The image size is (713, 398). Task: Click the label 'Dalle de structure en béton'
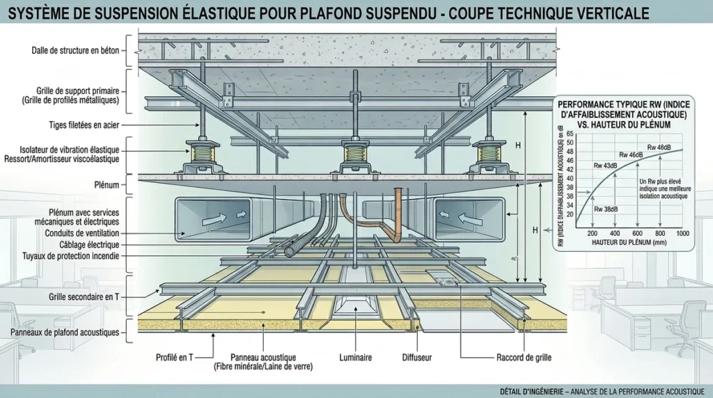[x=75, y=50]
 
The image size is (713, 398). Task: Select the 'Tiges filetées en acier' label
[x=84, y=125]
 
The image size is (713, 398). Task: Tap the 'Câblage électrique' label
[x=89, y=244]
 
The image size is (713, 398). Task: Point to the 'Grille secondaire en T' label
[x=84, y=296]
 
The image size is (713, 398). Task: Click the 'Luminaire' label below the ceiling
[x=356, y=358]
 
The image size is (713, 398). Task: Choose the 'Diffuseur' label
[x=417, y=358]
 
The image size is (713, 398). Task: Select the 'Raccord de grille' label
[x=524, y=358]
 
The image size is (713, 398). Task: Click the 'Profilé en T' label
[x=175, y=358]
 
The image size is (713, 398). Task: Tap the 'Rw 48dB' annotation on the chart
[x=659, y=148]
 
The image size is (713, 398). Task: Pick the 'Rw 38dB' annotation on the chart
[x=606, y=209]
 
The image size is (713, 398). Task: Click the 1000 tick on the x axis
[x=682, y=234]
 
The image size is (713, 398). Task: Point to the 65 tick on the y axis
[x=570, y=134]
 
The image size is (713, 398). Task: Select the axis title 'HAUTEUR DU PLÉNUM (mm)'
[x=629, y=243]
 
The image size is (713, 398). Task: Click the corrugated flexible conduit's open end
[x=289, y=251]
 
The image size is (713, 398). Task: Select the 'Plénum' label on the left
[x=107, y=185]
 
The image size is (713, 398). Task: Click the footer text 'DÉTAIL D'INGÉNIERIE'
[x=530, y=391]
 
